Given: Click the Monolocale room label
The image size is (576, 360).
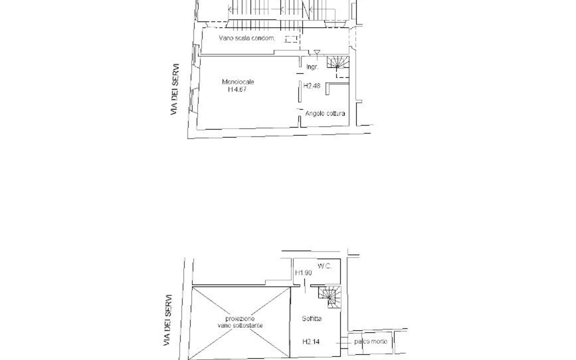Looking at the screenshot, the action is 238,82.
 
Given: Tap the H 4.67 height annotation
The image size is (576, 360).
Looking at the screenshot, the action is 237,89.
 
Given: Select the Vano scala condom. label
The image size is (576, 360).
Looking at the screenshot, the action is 247,38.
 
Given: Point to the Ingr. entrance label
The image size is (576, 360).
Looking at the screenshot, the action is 312,67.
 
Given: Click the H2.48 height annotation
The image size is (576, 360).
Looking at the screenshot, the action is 312,86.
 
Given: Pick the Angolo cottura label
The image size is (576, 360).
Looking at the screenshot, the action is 325,113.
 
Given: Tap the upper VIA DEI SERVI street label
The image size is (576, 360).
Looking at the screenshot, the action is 175,89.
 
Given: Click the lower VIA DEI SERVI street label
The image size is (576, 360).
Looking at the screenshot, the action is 168,320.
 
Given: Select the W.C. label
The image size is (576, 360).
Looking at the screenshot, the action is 325,266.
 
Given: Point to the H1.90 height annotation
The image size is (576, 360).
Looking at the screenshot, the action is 303,273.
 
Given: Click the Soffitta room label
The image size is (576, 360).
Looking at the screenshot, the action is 312,319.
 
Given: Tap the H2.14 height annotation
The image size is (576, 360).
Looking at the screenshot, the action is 311,341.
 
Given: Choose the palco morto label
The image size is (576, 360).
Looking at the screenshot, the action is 370,341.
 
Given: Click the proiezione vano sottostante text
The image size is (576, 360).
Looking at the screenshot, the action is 240,322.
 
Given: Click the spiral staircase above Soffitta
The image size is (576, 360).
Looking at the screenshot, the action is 330,297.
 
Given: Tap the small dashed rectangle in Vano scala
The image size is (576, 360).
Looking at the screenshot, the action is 291,39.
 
